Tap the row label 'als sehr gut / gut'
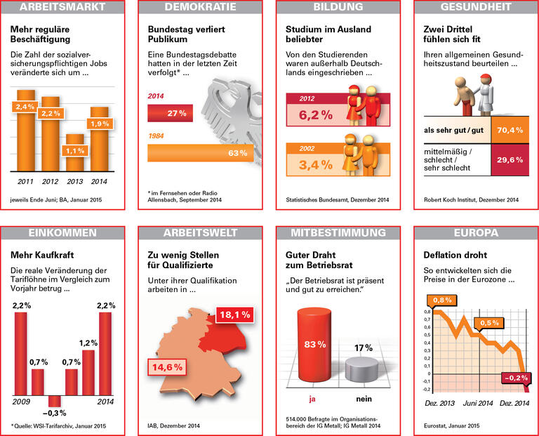[453, 131]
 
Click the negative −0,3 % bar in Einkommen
[54, 402]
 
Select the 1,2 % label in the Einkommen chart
[88, 343]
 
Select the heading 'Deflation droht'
[455, 255]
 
